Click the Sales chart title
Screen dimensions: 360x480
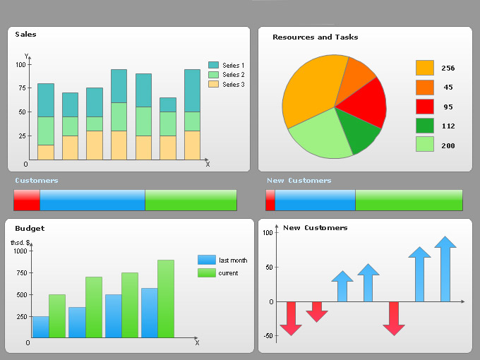[26, 35]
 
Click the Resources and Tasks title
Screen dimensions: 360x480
[315, 37]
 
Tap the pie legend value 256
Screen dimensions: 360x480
[448, 68]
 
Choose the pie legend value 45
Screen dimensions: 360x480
[448, 88]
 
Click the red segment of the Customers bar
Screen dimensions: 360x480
[27, 200]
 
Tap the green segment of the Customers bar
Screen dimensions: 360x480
[191, 200]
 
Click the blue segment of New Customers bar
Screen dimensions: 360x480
[315, 200]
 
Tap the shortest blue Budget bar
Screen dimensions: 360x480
[41, 327]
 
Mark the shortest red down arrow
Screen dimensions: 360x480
[317, 311]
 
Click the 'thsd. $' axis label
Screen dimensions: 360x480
[20, 243]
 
